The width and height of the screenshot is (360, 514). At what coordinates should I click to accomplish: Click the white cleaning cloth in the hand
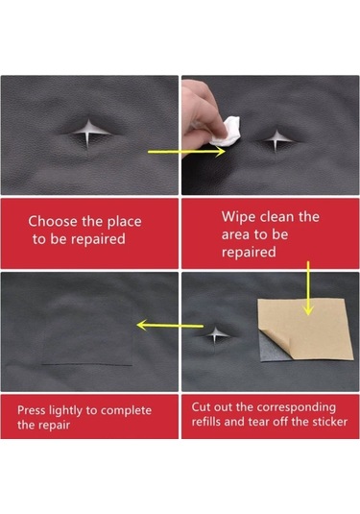[225, 133]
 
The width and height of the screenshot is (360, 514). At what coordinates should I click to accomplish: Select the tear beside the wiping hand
[276, 139]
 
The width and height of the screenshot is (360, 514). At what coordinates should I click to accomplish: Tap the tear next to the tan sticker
[216, 334]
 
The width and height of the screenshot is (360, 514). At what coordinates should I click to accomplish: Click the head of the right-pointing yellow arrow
[221, 152]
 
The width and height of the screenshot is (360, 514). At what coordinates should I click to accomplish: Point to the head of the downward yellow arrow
[308, 309]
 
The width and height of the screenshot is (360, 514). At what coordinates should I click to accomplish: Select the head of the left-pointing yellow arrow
[142, 325]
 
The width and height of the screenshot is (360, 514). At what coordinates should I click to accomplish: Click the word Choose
[54, 221]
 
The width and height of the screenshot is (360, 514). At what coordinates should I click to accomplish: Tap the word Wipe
[238, 218]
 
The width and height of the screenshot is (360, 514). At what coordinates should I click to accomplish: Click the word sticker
[330, 422]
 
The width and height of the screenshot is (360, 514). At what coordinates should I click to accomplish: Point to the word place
[125, 222]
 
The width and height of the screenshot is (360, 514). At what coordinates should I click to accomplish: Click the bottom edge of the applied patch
[87, 364]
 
